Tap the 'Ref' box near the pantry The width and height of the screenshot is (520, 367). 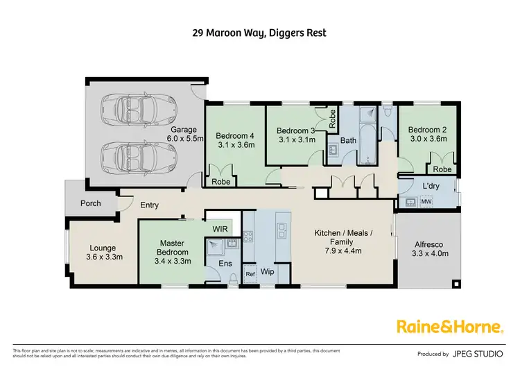coord(250,275)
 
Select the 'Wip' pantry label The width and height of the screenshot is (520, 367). coord(268,272)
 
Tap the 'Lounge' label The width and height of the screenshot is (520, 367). coord(103,253)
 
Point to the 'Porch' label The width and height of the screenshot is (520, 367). coord(91,203)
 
